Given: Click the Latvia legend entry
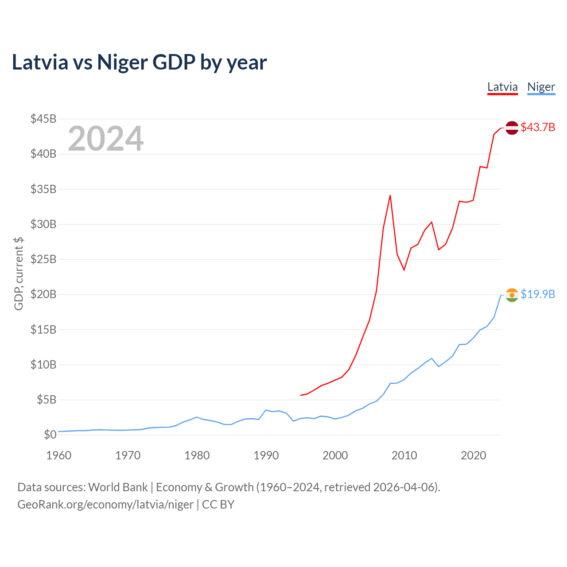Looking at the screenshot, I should coord(502,87).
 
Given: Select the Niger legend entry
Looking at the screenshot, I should coord(541,87).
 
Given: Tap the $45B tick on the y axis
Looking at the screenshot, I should coord(43,119).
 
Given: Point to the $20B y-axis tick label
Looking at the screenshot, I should coord(43,295).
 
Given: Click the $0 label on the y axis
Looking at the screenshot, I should coord(50,435).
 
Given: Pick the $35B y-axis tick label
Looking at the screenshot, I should coord(43,189).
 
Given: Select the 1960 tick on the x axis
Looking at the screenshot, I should coord(59,455).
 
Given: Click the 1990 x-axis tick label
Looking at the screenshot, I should coord(266,455).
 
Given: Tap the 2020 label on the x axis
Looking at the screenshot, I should coord(474,455).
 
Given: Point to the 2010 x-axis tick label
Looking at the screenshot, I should coord(404,455).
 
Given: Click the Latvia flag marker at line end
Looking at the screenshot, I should coord(512,128).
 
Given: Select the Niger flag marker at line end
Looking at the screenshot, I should coord(512,295).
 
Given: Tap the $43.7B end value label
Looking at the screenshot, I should coord(538,128).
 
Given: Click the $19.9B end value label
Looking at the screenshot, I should coord(538,295).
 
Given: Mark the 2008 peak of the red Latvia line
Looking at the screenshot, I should coord(390,195).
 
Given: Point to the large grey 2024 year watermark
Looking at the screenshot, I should coord(105,139).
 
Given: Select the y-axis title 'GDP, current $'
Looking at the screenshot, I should coord(19,273).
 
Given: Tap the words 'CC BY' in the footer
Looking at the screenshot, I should coord(218,505).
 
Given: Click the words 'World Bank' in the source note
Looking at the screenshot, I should coord(118,487).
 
